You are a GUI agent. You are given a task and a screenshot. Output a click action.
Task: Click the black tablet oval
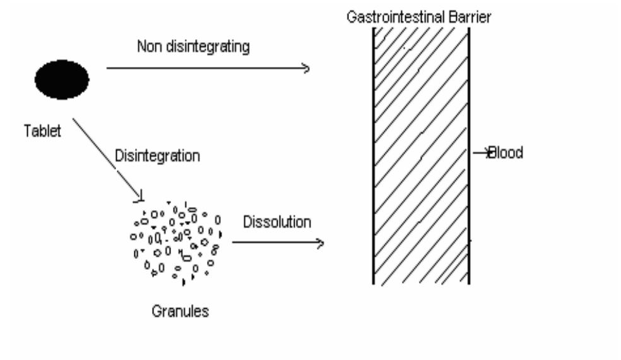[62, 80]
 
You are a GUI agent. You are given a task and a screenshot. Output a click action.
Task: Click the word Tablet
[42, 131]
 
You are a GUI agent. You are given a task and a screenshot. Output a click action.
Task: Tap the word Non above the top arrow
[150, 46]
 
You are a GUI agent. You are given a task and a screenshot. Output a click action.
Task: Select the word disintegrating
[208, 47]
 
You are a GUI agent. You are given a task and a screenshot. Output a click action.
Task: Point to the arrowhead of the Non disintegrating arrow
[305, 68]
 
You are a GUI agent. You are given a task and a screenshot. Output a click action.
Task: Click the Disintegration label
[157, 156]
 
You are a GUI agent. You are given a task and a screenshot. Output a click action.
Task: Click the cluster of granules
[176, 243]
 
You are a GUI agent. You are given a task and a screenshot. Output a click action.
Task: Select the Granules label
[180, 311]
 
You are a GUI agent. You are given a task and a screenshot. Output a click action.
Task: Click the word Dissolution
[277, 222]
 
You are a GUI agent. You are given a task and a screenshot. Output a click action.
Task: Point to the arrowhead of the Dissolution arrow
[320, 243]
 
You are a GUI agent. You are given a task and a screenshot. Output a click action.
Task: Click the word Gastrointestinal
[396, 17]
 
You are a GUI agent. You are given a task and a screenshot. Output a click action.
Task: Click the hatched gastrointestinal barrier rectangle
[421, 156]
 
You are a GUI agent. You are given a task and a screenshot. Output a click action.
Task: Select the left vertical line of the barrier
[373, 156]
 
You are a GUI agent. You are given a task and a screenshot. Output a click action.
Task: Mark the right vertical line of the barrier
[469, 156]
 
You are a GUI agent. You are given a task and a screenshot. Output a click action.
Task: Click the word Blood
[506, 153]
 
